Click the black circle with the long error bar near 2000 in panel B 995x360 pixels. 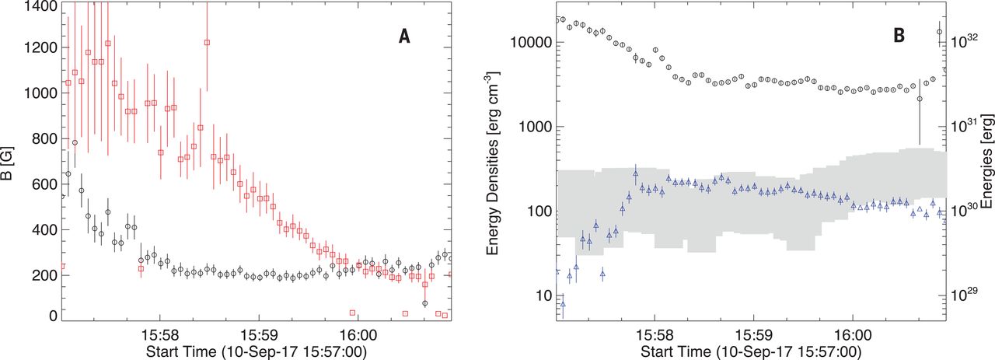pos(920,99)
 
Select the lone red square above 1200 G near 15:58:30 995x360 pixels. pos(207,43)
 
